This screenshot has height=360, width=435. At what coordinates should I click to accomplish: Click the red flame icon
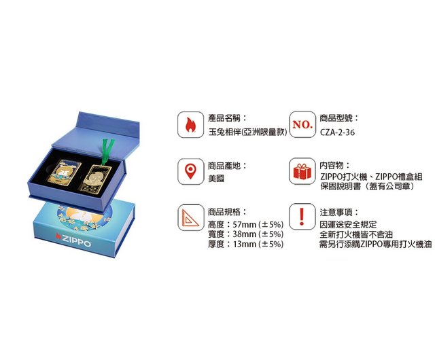[190, 124]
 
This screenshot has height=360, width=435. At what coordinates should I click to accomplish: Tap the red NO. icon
[302, 124]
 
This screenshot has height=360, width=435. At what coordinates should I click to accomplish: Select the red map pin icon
[190, 171]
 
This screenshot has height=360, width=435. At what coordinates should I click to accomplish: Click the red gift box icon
[302, 171]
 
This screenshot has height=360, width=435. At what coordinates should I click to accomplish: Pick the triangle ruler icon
[190, 218]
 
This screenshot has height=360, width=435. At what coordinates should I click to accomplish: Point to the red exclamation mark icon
[302, 217]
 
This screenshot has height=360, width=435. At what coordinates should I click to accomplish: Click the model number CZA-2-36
[337, 132]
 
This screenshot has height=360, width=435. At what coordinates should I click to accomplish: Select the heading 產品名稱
[224, 118]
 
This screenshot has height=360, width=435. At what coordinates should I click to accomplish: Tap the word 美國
[216, 179]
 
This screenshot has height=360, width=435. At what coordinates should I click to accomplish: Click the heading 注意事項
[336, 213]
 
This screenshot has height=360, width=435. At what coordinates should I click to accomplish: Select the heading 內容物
[332, 166]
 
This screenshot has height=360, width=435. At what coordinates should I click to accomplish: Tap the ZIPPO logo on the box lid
[73, 240]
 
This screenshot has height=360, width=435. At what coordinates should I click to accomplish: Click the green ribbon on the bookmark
[107, 151]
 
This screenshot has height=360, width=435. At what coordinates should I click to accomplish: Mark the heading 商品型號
[336, 118]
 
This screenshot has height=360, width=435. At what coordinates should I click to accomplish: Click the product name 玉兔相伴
[225, 132]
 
